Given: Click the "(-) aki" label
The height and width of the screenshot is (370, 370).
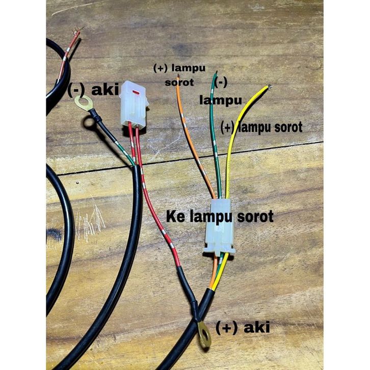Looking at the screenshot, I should (93, 90).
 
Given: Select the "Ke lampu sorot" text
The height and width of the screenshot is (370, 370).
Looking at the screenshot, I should (220, 216).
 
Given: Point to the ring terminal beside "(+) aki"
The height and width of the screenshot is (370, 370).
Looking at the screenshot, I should (204, 335).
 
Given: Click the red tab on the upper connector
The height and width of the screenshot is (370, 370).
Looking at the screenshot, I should (136, 93).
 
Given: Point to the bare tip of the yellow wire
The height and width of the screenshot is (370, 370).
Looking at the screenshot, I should (268, 87).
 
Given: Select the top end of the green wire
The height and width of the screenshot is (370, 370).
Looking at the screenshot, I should (216, 73).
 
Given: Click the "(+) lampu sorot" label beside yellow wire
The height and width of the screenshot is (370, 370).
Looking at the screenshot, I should (261, 127).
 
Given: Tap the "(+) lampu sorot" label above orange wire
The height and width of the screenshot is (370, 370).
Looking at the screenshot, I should (176, 73).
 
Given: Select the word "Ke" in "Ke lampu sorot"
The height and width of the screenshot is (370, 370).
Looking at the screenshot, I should (175, 216).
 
